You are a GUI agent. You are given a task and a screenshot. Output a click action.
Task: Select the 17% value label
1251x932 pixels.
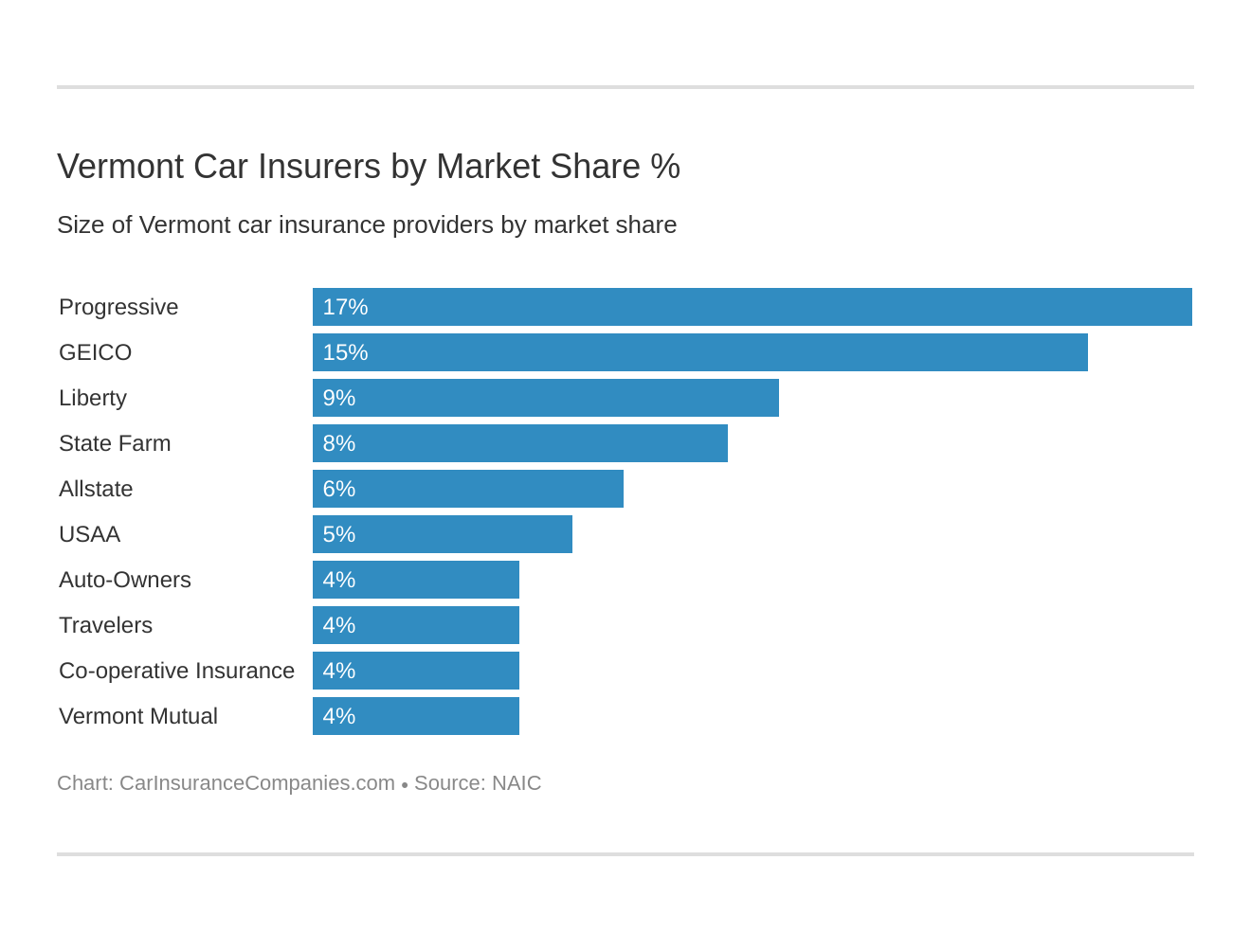(345, 307)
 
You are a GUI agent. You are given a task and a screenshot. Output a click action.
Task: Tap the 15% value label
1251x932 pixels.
(345, 352)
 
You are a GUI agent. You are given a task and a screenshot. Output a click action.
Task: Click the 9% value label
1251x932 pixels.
(338, 398)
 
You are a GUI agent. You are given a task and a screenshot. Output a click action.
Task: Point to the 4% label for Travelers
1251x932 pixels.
(338, 625)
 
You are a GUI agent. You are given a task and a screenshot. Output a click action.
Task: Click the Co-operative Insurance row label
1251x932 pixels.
(176, 671)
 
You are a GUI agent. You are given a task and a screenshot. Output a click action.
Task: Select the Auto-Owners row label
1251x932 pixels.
(125, 580)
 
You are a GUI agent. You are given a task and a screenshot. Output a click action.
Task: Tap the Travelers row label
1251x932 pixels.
(105, 625)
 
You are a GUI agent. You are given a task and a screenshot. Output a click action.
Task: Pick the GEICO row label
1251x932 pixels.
(95, 352)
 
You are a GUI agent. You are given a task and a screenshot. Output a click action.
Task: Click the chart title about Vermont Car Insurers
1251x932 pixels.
(369, 167)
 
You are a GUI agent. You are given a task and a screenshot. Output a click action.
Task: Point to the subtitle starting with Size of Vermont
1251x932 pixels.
(367, 224)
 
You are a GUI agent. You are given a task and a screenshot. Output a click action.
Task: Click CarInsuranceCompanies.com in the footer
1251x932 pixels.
(257, 783)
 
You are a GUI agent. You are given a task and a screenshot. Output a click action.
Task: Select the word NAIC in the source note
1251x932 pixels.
(517, 783)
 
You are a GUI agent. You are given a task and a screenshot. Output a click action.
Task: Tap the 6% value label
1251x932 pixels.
(338, 489)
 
